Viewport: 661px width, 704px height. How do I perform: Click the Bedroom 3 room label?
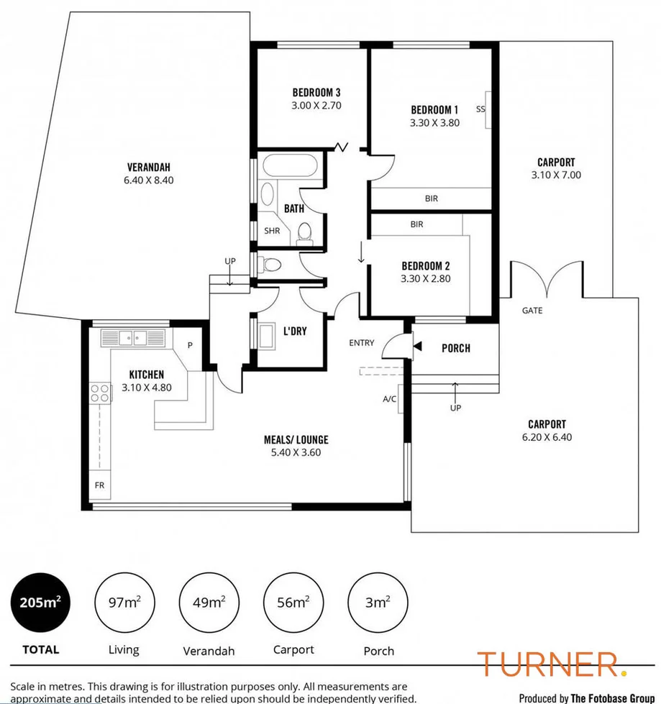click(x=316, y=92)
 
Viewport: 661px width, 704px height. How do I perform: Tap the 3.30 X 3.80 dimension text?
click(x=434, y=123)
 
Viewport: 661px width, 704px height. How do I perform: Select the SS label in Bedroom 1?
click(x=480, y=109)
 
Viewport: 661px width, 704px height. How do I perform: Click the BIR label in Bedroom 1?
click(x=431, y=198)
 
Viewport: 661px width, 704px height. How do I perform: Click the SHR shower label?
click(x=271, y=231)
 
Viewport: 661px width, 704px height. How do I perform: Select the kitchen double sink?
click(x=132, y=337)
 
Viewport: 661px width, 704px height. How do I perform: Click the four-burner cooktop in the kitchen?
click(x=100, y=393)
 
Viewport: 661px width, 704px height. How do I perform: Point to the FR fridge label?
click(x=99, y=485)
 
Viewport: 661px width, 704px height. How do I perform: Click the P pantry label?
click(x=191, y=345)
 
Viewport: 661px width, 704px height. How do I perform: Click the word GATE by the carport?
click(x=532, y=311)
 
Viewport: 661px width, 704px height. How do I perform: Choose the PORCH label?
click(x=455, y=348)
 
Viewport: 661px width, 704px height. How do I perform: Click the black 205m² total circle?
click(x=40, y=601)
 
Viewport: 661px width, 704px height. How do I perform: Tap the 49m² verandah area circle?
click(x=209, y=602)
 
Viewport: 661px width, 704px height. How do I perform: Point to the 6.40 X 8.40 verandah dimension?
click(x=149, y=180)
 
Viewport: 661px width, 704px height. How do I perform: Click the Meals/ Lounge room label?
click(x=300, y=440)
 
